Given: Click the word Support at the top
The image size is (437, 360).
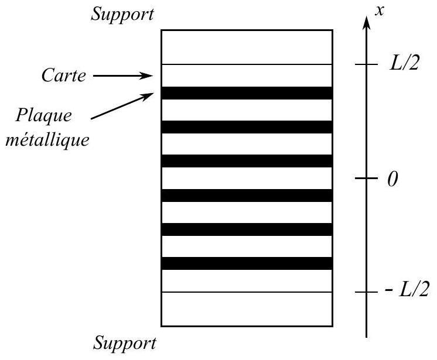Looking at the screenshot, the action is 122,14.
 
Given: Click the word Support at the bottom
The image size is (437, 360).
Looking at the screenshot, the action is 124,343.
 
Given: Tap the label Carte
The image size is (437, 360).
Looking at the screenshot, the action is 63,76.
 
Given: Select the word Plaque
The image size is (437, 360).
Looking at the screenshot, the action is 43,115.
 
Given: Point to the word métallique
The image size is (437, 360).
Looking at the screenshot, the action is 47,139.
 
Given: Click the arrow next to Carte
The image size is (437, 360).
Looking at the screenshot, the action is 123,76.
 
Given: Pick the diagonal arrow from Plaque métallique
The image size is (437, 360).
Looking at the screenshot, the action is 122,106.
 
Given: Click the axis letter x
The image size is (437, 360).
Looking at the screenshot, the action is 380,11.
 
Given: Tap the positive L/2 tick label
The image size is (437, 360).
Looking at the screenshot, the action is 404,63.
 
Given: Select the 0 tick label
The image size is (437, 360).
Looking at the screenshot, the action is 392,179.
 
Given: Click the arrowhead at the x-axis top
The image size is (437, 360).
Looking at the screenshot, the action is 367,23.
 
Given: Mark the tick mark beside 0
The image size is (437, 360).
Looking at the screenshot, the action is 366,178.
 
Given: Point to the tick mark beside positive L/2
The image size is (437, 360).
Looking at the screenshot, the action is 366,64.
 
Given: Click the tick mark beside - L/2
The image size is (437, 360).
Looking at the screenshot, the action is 366,292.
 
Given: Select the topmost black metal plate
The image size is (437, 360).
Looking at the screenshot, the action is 247,93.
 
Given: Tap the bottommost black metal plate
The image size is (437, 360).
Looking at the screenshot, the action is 247,263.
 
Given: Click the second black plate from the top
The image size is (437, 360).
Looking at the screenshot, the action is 247,127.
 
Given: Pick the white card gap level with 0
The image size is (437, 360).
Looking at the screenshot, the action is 247,178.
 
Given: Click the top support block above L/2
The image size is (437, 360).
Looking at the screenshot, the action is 247,47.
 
